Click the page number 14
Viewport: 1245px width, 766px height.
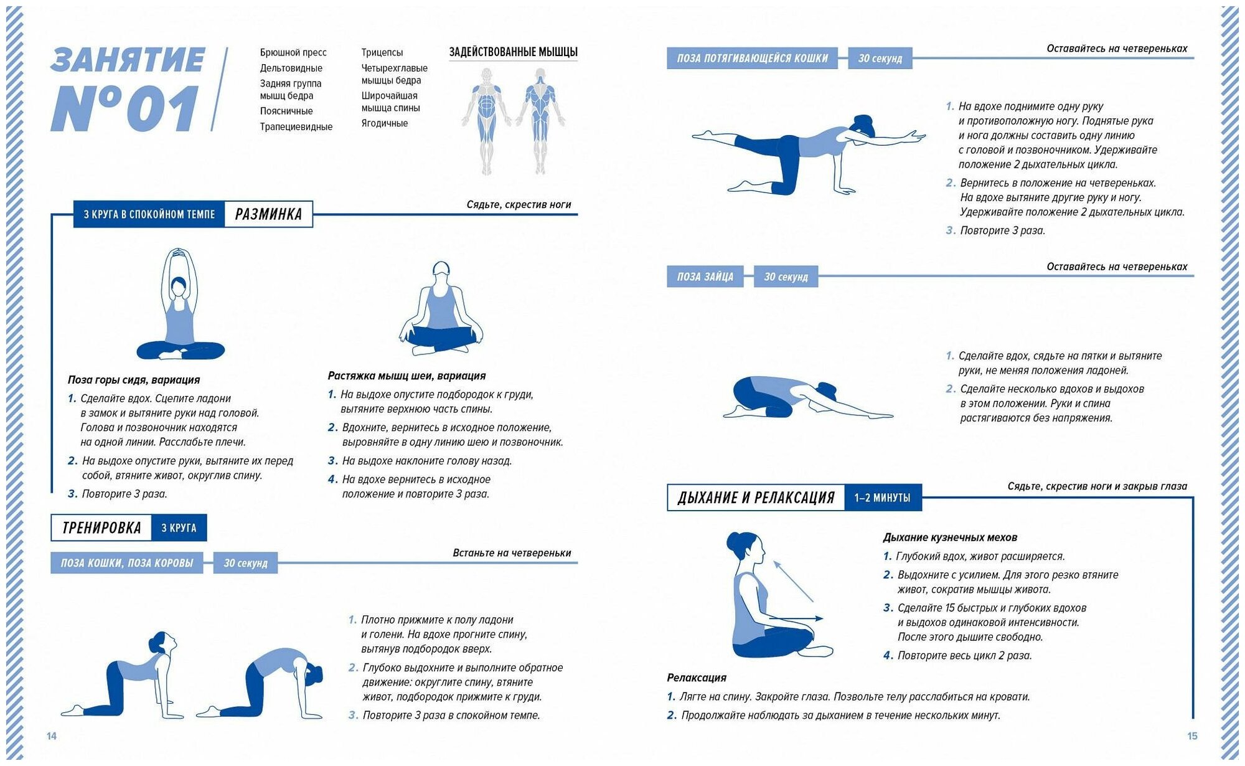tap(52, 736)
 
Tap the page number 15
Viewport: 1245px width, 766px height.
tap(1192, 736)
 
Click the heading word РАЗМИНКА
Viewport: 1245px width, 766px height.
tap(268, 214)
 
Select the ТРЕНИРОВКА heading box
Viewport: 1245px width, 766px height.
tap(101, 528)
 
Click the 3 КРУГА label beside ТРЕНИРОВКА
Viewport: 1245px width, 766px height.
tap(179, 528)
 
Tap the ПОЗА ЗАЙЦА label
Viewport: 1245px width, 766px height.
tap(705, 277)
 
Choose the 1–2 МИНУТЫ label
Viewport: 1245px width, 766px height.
tap(882, 498)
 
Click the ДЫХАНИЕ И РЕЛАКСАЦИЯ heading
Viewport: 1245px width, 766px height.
tap(756, 498)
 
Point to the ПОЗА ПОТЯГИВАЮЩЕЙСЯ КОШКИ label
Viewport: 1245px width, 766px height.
tap(752, 59)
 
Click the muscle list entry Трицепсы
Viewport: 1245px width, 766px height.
tap(382, 52)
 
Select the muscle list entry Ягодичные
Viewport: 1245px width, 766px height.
tap(385, 123)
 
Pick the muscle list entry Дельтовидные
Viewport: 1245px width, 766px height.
tap(291, 68)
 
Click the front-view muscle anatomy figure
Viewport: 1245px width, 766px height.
tap(486, 118)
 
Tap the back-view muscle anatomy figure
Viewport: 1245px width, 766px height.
tap(540, 118)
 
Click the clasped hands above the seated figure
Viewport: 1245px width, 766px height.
tap(179, 253)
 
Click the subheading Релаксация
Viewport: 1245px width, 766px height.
tap(697, 678)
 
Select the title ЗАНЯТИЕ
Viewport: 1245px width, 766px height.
tap(128, 60)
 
